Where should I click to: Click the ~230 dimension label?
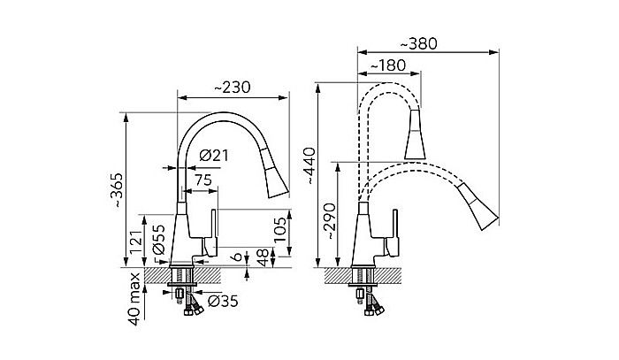pyautogui.click(x=232, y=88)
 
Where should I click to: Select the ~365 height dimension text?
pyautogui.click(x=118, y=190)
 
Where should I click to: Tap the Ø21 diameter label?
pyautogui.click(x=214, y=156)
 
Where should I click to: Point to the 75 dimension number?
pyautogui.click(x=203, y=180)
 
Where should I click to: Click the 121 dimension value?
pyautogui.click(x=136, y=242)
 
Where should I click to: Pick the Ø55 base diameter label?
pyautogui.click(x=159, y=240)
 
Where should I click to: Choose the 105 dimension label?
pyautogui.click(x=280, y=230)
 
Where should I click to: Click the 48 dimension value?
pyautogui.click(x=262, y=257)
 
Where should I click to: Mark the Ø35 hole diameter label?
pyautogui.click(x=223, y=302)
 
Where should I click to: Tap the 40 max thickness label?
pyautogui.click(x=135, y=299)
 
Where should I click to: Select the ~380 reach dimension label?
pyautogui.click(x=419, y=44)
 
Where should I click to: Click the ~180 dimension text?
pyautogui.click(x=387, y=65)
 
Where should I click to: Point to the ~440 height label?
pyautogui.click(x=309, y=165)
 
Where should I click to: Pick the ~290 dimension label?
pyautogui.click(x=330, y=221)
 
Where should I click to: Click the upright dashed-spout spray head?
pyautogui.click(x=415, y=134)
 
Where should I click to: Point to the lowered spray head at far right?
pyautogui.click(x=478, y=206)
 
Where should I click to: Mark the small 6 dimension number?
pyautogui.click(x=237, y=257)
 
